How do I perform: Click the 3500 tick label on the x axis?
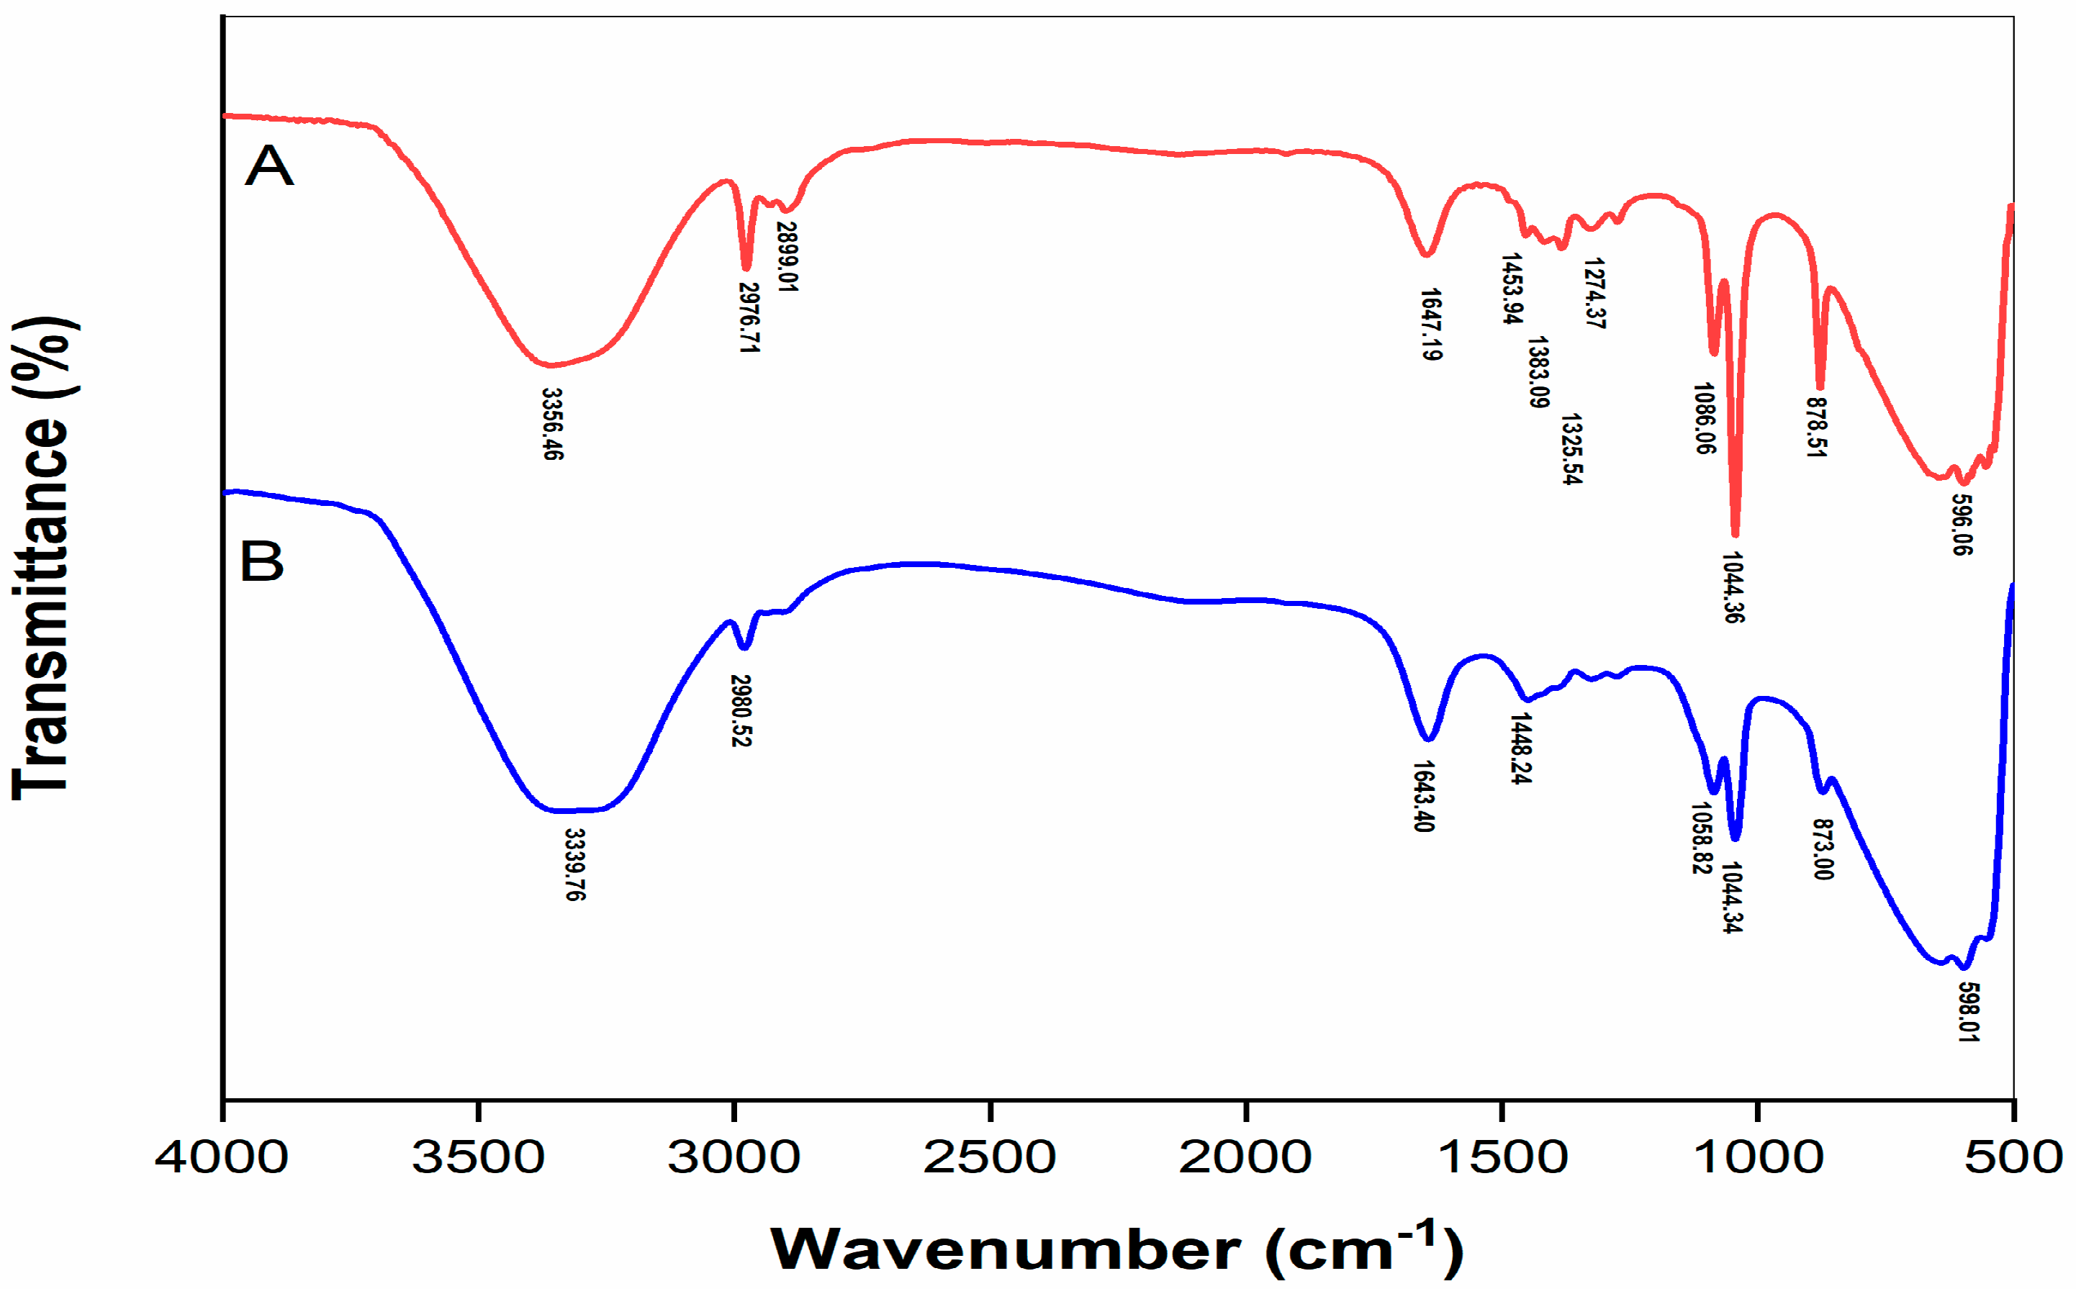coord(477,1157)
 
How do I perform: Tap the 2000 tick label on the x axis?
coord(1245,1157)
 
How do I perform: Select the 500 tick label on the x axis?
coord(2013,1157)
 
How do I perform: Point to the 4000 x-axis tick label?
coord(222,1157)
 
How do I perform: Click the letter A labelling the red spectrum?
coord(268,166)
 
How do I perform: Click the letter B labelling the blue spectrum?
coord(261,562)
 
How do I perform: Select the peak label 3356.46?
coord(553,425)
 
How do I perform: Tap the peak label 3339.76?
coord(575,864)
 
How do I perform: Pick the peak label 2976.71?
coord(749,317)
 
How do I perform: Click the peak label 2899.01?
coord(786,257)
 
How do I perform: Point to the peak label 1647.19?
coord(1430,325)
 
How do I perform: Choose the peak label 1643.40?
coord(1423,796)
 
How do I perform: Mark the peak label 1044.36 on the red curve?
coord(1733,587)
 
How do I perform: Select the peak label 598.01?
coord(1968,1013)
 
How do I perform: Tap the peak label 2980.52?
coord(740,710)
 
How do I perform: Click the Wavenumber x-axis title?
coord(1116,1250)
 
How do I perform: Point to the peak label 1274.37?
coord(1594,293)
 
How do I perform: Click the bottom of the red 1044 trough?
coord(1735,534)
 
